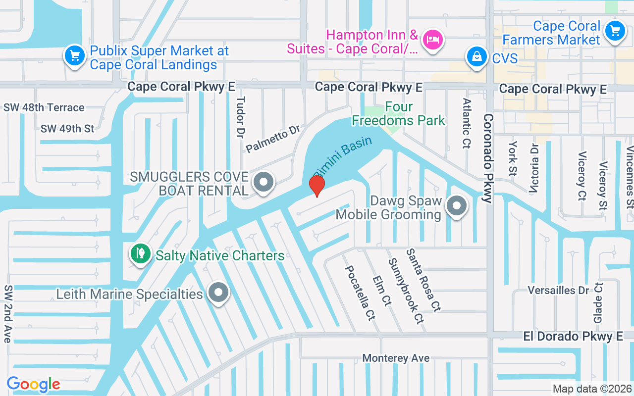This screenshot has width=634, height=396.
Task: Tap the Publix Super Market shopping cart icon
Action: point(75,54)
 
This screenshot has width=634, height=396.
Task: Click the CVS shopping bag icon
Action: point(476,57)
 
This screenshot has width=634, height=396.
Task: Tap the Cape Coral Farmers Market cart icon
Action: point(615,31)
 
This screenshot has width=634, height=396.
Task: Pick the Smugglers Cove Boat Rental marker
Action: point(264,182)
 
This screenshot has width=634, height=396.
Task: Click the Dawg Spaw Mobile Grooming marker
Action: point(457,205)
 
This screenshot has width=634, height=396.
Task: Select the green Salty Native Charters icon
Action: point(141,253)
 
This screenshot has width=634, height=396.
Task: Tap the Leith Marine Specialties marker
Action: point(218,293)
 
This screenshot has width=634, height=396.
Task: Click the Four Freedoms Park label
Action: point(398,114)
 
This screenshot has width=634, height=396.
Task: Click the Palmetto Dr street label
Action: point(273,139)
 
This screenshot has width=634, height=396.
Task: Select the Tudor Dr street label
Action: point(241,117)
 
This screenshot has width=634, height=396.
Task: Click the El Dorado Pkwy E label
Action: point(573,337)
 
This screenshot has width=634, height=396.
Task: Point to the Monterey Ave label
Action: point(396,358)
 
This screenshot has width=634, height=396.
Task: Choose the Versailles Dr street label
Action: point(558,290)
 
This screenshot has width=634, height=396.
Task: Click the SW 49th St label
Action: point(67,129)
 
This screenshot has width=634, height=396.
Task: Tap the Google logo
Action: point(34,384)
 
